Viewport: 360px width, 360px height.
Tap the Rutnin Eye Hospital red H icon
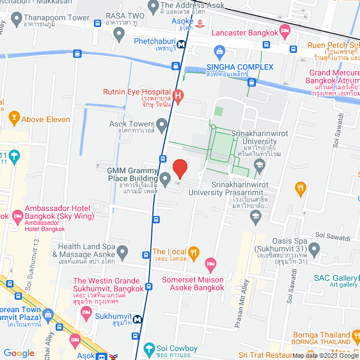178,96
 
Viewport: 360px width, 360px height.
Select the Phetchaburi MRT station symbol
182,44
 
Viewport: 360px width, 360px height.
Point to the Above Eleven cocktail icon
14,119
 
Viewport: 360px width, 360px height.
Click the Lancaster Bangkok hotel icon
284,32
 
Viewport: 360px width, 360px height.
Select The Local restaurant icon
194,251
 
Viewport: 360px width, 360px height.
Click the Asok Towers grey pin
162,124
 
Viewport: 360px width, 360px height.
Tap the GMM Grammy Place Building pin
165,179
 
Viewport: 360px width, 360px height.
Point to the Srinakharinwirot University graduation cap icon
259,164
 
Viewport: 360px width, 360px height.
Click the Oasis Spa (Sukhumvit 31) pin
314,249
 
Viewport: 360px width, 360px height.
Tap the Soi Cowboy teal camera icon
148,348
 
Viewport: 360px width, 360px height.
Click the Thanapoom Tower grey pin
16,17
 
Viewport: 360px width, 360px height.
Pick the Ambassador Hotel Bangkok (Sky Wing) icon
17,215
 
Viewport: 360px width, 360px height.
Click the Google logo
19,353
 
